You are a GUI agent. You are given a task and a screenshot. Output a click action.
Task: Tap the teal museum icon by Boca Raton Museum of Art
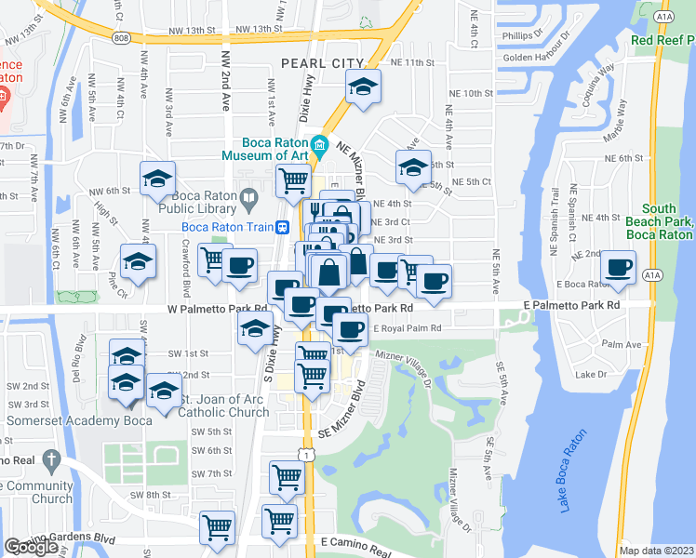pos(319,145)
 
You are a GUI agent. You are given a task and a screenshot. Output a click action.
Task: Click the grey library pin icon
pos(248,196)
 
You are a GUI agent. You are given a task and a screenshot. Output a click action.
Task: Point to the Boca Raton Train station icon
pos(281,227)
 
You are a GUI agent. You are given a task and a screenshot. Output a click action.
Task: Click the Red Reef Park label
pos(663,40)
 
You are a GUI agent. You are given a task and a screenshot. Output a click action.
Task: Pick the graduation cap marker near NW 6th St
pos(158,178)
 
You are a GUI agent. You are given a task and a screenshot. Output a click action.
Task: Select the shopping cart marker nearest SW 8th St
pos(288,478)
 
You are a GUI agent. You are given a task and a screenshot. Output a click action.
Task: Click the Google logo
pos(31,546)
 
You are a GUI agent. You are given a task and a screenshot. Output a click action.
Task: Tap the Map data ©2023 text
pos(657,551)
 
